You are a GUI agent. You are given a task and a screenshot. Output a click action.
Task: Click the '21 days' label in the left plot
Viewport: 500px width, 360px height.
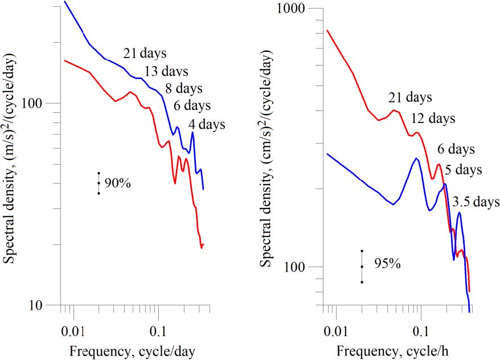click(145, 54)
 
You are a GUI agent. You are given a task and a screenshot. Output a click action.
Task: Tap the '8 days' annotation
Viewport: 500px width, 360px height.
click(183, 88)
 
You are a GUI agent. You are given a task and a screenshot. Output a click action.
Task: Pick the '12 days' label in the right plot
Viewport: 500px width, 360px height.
click(433, 118)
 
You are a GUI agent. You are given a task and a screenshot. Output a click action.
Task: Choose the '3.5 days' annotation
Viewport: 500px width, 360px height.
click(476, 202)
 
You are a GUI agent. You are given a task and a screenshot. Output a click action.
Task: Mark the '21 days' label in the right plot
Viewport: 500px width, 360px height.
click(410, 97)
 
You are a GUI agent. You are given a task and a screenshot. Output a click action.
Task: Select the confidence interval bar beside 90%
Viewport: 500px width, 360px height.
click(99, 183)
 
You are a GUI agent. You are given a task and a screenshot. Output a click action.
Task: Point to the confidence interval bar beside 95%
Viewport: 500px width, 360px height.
click(362, 266)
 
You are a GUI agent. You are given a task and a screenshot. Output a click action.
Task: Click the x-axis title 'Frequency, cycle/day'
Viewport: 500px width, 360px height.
click(132, 351)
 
